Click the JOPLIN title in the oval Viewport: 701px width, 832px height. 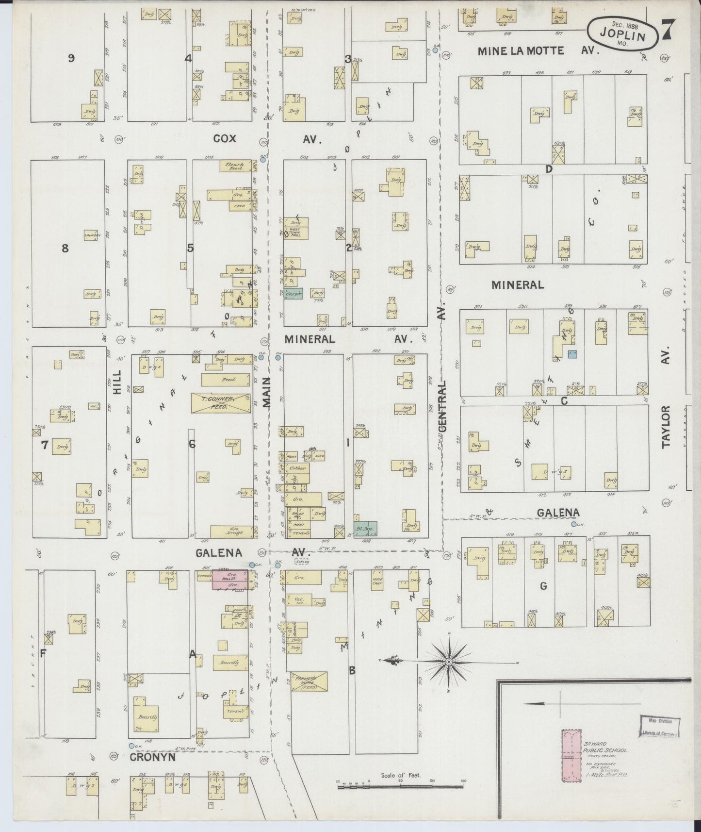point(623,36)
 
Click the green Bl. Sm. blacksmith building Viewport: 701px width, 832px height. point(366,528)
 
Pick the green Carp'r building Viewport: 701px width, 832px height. point(293,293)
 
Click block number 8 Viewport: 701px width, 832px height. point(65,249)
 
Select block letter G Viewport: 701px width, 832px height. point(543,586)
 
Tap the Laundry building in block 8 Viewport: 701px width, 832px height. point(91,236)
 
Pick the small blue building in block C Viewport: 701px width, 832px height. point(573,354)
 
